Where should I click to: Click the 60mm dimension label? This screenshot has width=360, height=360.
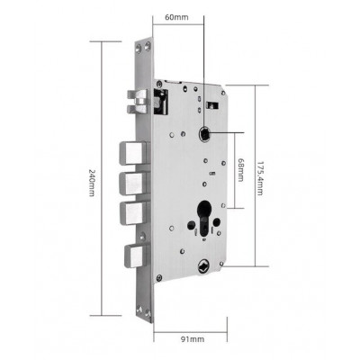point(176,17)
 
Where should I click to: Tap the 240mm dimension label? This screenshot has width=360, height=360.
point(92,184)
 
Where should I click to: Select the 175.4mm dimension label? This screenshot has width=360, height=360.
point(259,179)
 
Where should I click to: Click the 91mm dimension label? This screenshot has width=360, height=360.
point(193,339)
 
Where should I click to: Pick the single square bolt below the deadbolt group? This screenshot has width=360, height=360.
point(136,256)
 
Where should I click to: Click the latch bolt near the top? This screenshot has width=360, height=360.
point(138,102)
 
